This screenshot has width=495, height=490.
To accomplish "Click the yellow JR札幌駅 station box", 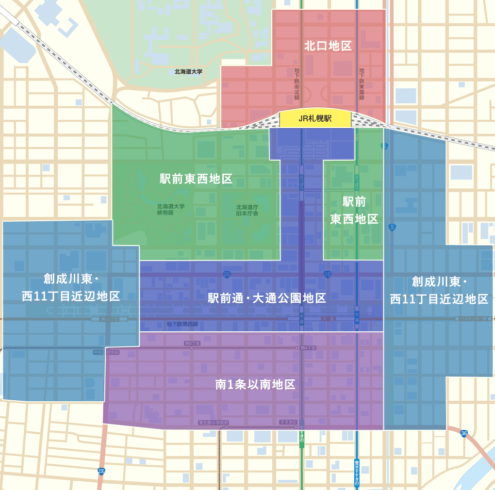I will (x=315, y=118).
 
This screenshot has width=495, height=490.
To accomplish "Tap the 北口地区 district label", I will (x=328, y=46).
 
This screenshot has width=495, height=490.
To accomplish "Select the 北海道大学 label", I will (x=188, y=72).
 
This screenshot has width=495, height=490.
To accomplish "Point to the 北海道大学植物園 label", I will (x=170, y=210).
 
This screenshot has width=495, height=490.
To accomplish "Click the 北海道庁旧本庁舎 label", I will (x=247, y=210).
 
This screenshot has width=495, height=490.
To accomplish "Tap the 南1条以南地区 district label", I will (x=255, y=385).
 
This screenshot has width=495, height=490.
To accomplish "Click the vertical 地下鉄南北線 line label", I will (x=297, y=84).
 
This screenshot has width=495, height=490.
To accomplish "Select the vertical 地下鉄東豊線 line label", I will (x=362, y=84).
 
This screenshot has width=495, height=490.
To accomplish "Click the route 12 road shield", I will (x=328, y=275).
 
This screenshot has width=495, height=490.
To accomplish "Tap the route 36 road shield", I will (x=464, y=433).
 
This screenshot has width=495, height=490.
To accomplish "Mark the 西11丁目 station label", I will (x=109, y=320).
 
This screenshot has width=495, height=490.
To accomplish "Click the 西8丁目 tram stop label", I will (x=192, y=343).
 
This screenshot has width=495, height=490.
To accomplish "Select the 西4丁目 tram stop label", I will (x=308, y=348).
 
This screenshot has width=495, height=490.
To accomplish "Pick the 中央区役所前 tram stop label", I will (x=106, y=352).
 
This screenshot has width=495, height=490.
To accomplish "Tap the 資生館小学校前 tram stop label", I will (x=213, y=423).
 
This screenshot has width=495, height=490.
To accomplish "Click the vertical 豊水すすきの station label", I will (x=357, y=473).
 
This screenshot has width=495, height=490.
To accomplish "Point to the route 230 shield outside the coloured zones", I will (x=101, y=471).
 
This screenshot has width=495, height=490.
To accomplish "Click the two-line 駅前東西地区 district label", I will (x=354, y=210).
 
